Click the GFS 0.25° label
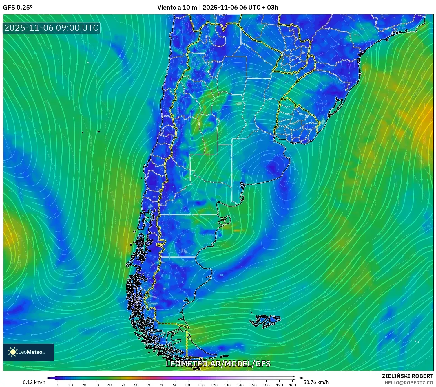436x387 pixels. tap(18, 8)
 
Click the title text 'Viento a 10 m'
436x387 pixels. tap(177, 8)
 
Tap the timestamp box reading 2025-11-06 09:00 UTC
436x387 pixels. tap(51, 28)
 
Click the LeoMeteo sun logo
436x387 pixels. tap(13, 352)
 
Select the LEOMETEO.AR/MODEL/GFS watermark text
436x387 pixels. tap(218, 364)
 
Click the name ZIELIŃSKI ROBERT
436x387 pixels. tap(408, 376)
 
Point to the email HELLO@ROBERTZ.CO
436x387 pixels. tap(409, 383)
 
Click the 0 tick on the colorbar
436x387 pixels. tap(58, 385)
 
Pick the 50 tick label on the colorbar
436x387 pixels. tap(123, 385)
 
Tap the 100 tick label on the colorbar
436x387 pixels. tap(188, 385)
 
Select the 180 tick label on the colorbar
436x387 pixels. tap(292, 385)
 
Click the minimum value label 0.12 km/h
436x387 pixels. tap(34, 382)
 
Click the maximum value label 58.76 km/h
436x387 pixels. tap(316, 382)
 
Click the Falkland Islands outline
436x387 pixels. tap(265, 321)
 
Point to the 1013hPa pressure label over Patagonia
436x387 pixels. tap(208, 235)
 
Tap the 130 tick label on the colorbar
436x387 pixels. tap(227, 385)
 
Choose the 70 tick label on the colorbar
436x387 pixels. tap(149, 385)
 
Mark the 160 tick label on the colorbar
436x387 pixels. tap(266, 385)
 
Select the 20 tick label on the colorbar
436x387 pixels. tap(84, 385)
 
